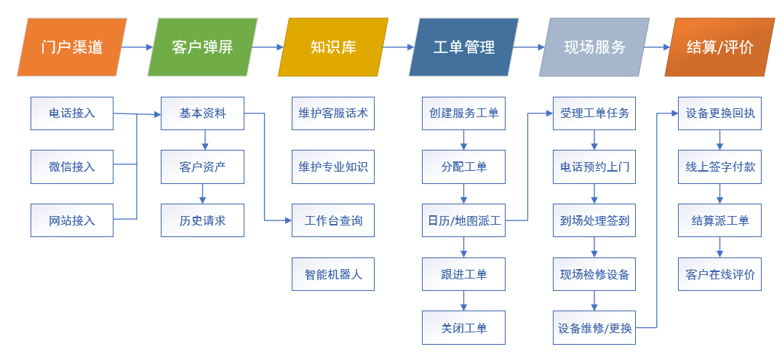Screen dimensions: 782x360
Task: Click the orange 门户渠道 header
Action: (x=72, y=47)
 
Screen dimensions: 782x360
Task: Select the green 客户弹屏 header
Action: (x=202, y=47)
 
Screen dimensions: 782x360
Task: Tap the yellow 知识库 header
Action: (x=333, y=47)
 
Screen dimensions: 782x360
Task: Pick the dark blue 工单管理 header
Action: (x=464, y=47)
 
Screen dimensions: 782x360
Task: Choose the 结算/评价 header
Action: (x=720, y=47)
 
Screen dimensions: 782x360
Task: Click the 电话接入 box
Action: (x=72, y=113)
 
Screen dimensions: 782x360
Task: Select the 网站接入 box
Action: (x=72, y=220)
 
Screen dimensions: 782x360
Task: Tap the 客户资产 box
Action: (x=202, y=167)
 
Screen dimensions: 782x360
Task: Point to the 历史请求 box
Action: (x=202, y=220)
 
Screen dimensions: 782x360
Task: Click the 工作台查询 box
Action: (x=333, y=220)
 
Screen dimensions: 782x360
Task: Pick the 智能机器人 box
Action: (x=333, y=273)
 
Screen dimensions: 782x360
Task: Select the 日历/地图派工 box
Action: (x=464, y=220)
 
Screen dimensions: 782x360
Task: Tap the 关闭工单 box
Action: (x=464, y=327)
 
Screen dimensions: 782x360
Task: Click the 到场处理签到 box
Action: (x=594, y=220)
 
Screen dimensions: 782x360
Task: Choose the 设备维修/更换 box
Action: (x=594, y=327)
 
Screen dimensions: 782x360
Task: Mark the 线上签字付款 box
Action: (x=719, y=167)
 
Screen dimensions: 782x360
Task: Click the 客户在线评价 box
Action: (x=719, y=273)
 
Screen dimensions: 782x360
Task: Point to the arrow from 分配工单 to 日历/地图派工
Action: (x=464, y=193)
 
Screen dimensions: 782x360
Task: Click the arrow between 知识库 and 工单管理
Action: (x=399, y=47)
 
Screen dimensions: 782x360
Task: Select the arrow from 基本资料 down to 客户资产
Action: (x=204, y=140)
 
